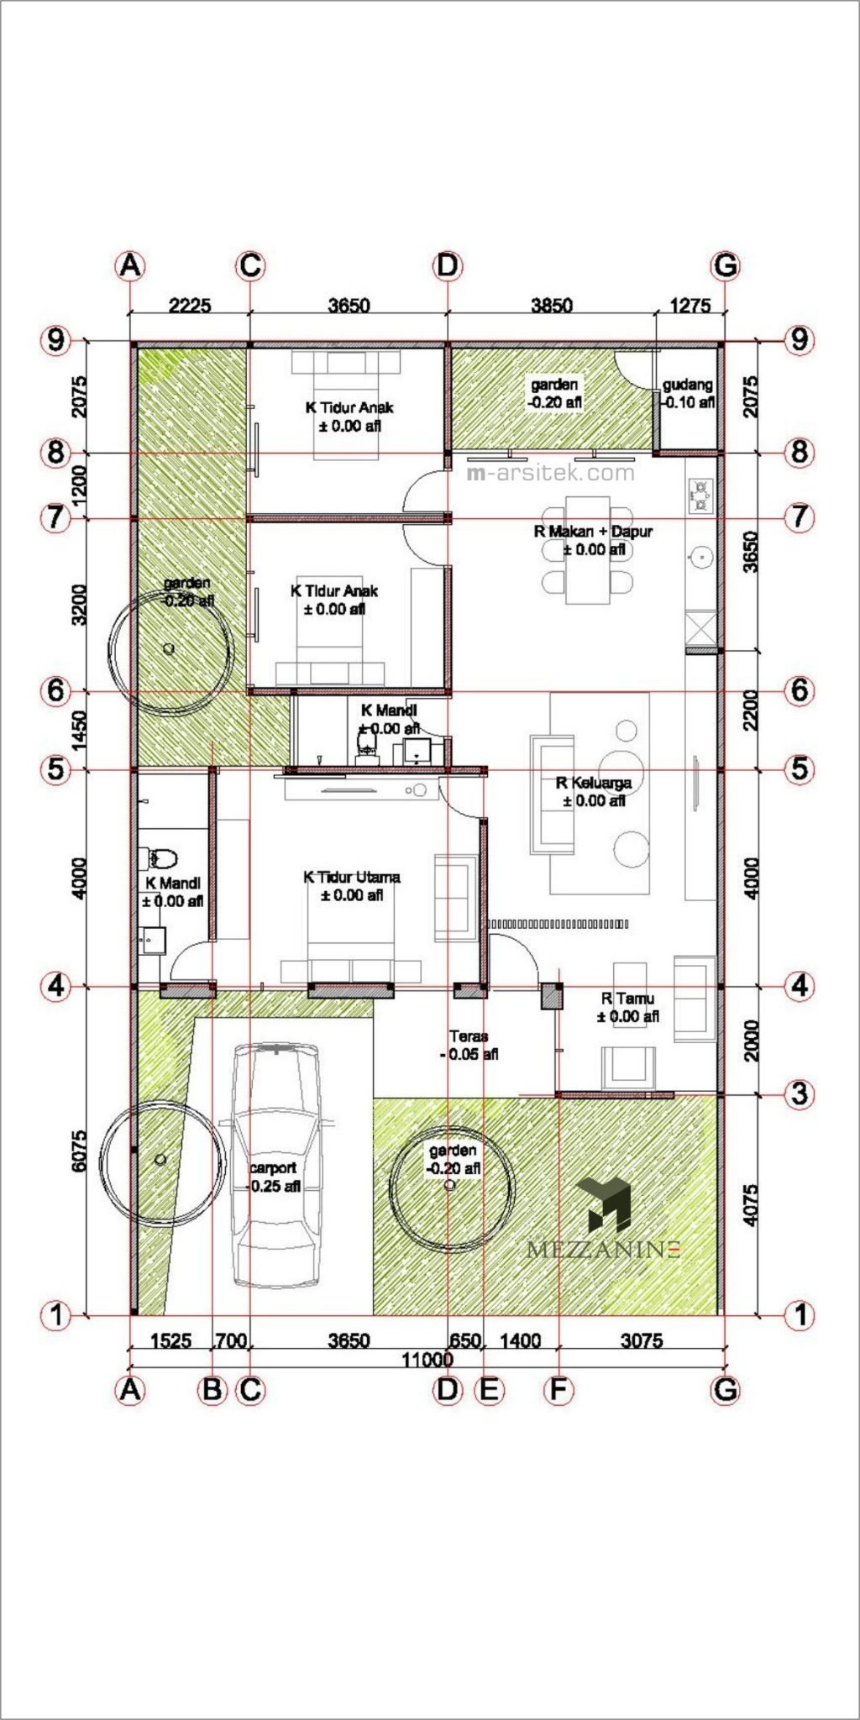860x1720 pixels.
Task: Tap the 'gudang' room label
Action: tap(688, 385)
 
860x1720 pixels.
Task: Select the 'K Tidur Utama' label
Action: tap(351, 877)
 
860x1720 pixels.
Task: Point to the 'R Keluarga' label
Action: tap(594, 783)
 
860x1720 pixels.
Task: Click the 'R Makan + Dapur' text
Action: tap(593, 531)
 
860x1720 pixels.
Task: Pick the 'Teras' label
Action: tap(468, 1036)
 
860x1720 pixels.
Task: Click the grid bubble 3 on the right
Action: tap(799, 1093)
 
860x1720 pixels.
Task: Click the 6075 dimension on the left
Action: tap(79, 1151)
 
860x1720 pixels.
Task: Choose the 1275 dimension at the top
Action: tap(690, 305)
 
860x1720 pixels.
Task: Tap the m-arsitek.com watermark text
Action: tap(551, 473)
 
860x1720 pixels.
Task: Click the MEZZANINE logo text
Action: tap(602, 1250)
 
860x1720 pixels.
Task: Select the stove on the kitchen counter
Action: tap(700, 496)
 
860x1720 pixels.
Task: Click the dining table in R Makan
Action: tap(587, 550)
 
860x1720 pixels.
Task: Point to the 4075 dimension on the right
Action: tap(752, 1204)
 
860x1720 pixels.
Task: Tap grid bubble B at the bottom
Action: tap(212, 1390)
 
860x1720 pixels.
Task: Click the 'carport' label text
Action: tap(273, 1167)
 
